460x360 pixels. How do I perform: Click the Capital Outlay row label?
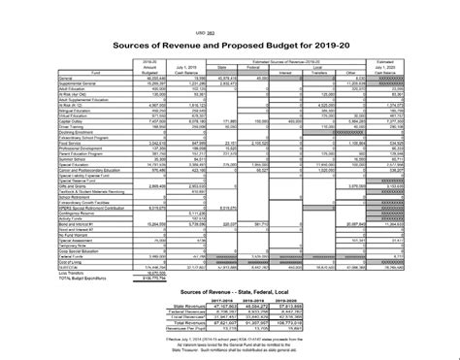(74, 122)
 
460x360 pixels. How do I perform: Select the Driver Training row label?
(74, 127)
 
